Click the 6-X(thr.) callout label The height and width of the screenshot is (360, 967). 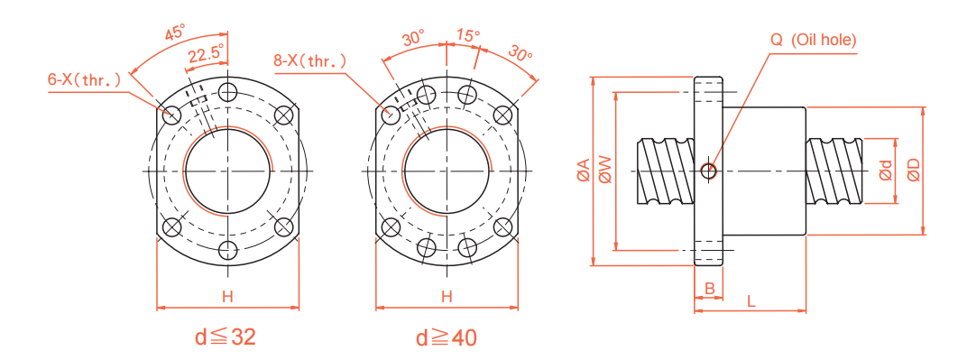coord(84,79)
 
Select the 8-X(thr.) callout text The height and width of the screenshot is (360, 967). coord(309,61)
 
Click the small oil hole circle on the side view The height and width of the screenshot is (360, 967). coord(709,170)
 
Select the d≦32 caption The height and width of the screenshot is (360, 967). coord(226,337)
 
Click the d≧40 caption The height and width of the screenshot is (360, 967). coord(446,337)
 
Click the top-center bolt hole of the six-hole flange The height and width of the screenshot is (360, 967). coord(227,92)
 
